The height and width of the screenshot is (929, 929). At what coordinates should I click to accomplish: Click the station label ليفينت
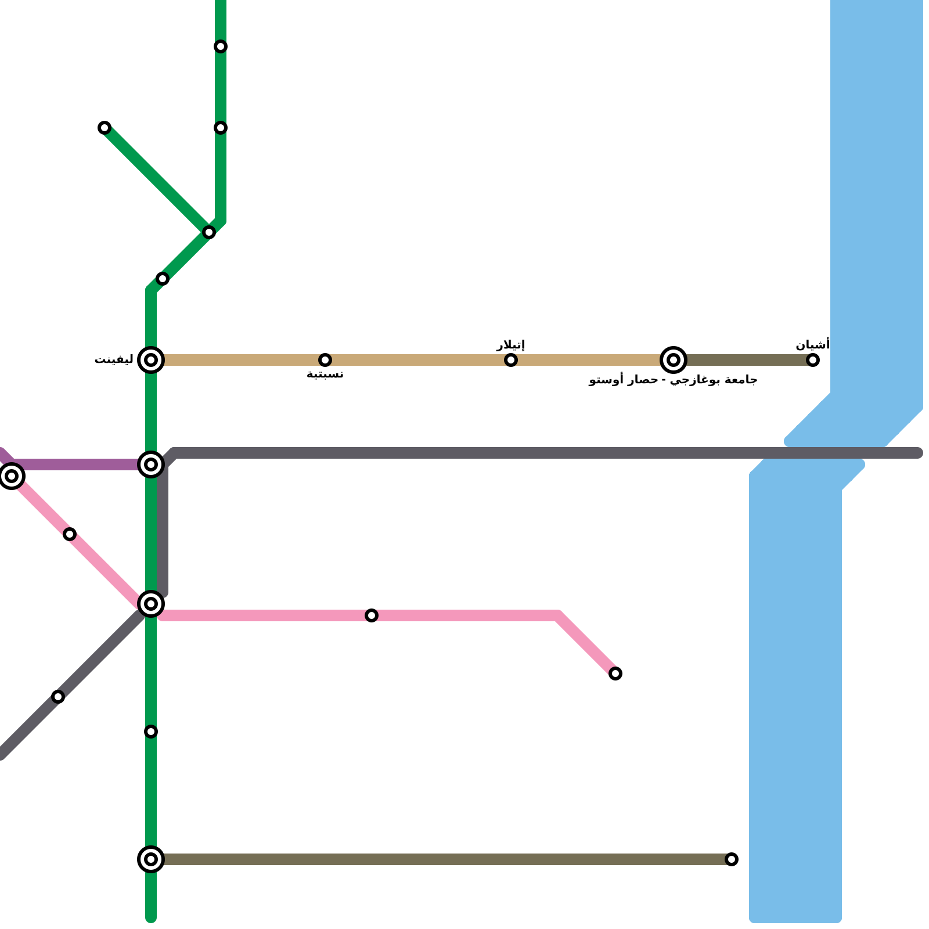point(114,360)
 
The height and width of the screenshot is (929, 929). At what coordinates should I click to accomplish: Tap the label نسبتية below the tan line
point(325,375)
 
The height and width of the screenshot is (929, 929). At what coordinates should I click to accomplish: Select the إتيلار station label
point(510,345)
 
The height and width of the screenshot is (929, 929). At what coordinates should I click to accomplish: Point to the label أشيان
point(812,345)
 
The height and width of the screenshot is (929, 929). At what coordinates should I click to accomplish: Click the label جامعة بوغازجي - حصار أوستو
point(673,380)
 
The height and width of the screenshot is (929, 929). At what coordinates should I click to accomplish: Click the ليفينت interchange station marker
point(151,360)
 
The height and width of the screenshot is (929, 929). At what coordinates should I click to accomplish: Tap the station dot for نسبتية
point(325,360)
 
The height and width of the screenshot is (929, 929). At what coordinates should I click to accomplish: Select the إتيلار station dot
point(511,360)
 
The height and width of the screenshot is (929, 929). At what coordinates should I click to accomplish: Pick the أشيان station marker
point(813,360)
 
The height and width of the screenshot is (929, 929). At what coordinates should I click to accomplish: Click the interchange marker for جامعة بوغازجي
point(674,360)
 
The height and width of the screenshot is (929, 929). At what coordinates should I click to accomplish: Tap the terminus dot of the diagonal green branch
point(105,128)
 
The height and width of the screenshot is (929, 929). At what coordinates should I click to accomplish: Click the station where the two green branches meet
point(209,232)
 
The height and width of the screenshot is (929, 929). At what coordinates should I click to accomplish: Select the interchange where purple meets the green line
point(151,464)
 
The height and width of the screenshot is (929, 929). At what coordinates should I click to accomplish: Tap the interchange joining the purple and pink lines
point(12,476)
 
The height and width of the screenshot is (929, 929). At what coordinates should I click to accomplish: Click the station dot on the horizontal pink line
point(372,615)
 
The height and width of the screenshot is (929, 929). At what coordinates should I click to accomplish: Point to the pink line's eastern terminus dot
point(615,674)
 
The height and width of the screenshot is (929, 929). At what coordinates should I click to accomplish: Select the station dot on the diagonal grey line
point(58,697)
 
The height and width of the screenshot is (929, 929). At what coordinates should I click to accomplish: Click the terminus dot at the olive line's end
point(732,859)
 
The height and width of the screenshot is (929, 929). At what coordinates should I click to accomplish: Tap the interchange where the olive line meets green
point(151,859)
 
